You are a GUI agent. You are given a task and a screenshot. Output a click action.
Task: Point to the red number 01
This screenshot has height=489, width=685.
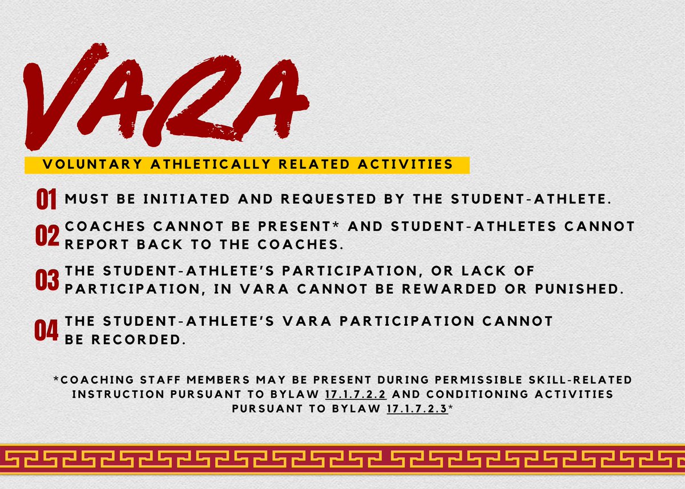click(x=46, y=200)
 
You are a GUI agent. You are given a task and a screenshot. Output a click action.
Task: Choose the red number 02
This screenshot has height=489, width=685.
click(x=47, y=235)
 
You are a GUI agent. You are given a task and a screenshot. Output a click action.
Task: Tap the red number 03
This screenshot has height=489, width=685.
click(x=47, y=281)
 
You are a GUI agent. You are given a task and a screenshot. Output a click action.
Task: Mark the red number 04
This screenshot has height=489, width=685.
click(x=46, y=330)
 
